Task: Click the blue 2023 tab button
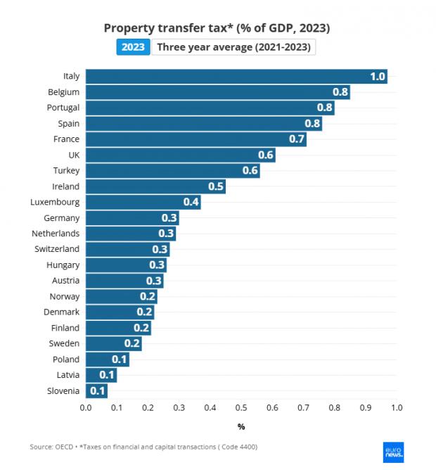[133, 47]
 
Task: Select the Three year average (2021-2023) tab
[235, 47]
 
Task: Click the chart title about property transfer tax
[217, 28]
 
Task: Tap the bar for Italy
[236, 77]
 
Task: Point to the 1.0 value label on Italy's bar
[378, 77]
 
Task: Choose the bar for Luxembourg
[143, 202]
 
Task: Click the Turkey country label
[66, 171]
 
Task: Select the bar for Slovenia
[97, 390]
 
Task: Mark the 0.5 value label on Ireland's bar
[216, 186]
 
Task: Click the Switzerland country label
[57, 249]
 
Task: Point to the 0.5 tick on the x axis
[241, 407]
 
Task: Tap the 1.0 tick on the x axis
[397, 407]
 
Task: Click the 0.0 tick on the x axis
[86, 407]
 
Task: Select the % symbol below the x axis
[241, 426]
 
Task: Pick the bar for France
[196, 139]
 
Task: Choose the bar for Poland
[108, 360]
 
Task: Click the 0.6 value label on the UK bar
[266, 155]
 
